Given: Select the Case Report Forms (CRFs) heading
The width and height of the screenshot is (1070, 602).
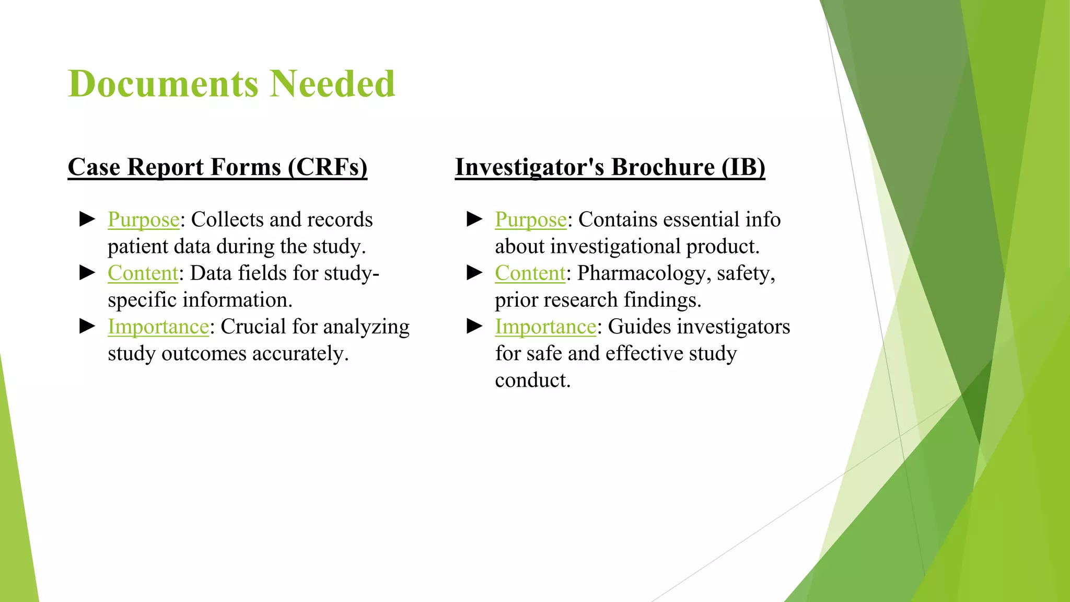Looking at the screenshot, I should [217, 167].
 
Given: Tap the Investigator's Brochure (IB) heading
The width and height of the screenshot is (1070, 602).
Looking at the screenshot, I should [610, 167].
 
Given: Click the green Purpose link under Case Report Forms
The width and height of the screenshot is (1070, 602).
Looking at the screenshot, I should [144, 220].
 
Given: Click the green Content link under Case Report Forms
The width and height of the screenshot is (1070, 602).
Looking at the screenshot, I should [143, 273].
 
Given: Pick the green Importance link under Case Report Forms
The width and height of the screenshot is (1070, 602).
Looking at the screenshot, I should [158, 327].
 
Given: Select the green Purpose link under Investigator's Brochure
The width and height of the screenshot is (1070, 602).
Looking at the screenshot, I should [531, 220].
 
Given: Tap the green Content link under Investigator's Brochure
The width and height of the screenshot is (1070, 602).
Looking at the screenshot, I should [530, 273].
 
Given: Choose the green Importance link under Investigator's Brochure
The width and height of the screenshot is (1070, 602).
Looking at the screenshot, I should [545, 327].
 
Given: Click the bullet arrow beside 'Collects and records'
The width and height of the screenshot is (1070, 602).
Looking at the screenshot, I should [87, 219].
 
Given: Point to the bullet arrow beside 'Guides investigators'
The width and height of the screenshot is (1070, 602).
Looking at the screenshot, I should [474, 326].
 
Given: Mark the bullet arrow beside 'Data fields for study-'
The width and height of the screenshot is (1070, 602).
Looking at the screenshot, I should [87, 272].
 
